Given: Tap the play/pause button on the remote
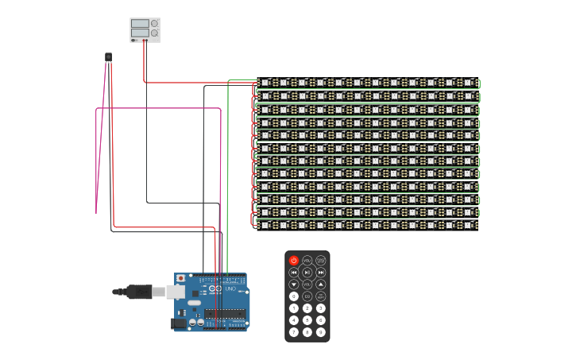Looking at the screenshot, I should point(307,272).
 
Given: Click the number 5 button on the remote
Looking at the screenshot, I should point(307,320).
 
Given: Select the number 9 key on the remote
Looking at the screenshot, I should point(321,332).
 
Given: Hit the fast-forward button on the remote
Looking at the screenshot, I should point(321,272).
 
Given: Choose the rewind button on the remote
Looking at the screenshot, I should point(294,272).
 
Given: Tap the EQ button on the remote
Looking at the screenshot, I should point(307,296).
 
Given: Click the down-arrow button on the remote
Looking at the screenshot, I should point(294,284).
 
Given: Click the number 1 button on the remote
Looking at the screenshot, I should point(294,308).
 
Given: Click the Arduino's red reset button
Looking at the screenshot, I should point(180,278).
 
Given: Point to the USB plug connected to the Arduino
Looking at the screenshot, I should point(140,292).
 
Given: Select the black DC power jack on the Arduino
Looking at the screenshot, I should point(180,323).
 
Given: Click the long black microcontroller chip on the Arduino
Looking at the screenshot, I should point(225,314).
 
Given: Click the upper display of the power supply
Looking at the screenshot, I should point(140,24).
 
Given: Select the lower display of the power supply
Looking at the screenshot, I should point(140,33).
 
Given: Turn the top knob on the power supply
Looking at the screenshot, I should point(154,24).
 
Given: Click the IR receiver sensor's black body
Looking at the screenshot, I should point(108,56).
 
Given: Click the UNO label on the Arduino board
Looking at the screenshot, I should point(230,288).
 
